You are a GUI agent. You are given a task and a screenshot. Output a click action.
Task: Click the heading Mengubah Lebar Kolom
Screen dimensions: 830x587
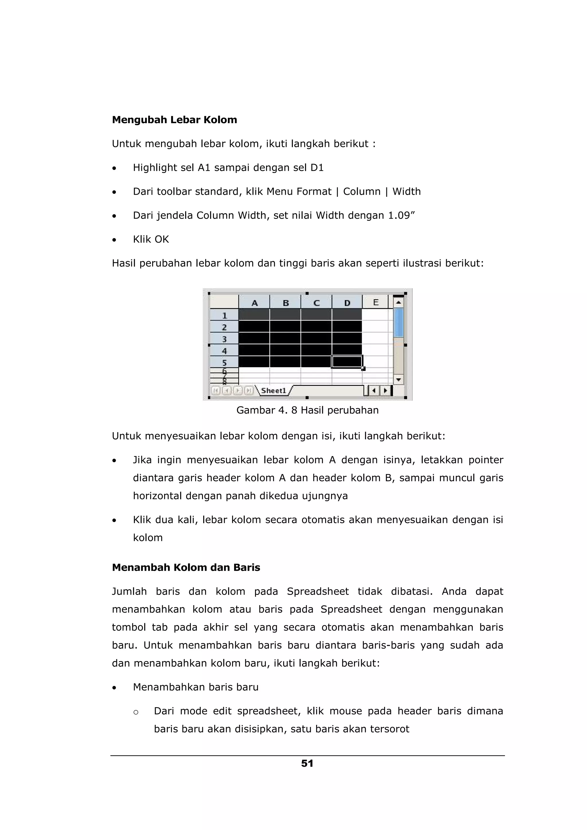coord(174,120)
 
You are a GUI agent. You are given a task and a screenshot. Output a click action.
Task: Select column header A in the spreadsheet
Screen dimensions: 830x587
coord(254,302)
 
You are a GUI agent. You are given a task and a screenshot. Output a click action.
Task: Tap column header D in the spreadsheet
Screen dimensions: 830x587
coord(347,302)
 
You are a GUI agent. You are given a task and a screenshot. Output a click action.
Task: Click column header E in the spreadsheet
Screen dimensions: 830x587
coord(375,302)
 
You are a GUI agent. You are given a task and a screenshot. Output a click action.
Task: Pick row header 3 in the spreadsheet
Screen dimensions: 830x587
coord(224,339)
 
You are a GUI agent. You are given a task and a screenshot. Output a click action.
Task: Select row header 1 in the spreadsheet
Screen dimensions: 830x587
coord(224,315)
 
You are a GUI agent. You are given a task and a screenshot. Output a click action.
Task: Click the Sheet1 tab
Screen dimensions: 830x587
coord(273,390)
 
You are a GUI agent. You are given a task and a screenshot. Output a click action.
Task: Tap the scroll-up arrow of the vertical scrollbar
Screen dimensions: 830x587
coord(398,302)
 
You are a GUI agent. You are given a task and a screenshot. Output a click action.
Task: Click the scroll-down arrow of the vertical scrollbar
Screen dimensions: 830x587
coord(398,379)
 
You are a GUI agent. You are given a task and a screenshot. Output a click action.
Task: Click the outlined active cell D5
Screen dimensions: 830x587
coord(347,361)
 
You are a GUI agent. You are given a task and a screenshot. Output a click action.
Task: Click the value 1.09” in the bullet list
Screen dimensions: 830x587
coord(402,215)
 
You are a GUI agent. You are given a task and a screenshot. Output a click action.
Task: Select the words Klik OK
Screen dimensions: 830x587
coord(151,239)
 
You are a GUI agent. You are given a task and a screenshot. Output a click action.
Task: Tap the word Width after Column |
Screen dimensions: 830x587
coord(406,192)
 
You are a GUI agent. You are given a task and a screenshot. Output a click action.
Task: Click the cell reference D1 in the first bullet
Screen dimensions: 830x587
coord(317,168)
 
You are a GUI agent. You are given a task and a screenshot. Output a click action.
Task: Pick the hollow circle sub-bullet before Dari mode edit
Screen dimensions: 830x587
coord(136,712)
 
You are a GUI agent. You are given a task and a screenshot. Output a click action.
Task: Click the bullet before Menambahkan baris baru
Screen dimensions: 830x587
coord(114,688)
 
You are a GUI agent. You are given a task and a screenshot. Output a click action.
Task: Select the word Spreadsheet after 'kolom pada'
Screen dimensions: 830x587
coord(318,591)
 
